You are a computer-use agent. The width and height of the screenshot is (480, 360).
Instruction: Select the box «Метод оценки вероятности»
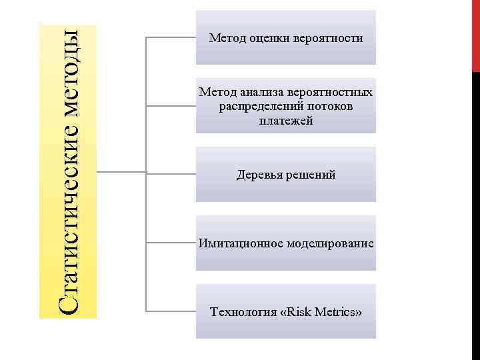click(x=285, y=38)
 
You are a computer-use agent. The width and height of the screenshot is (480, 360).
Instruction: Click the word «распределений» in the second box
click(x=255, y=107)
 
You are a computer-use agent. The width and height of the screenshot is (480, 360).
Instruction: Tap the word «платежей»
click(x=286, y=121)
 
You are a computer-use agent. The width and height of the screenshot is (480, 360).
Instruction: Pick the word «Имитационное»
click(x=237, y=244)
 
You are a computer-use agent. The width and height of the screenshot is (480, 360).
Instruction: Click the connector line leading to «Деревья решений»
click(x=170, y=173)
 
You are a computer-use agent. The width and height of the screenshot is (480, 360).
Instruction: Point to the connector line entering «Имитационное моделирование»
click(x=170, y=242)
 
